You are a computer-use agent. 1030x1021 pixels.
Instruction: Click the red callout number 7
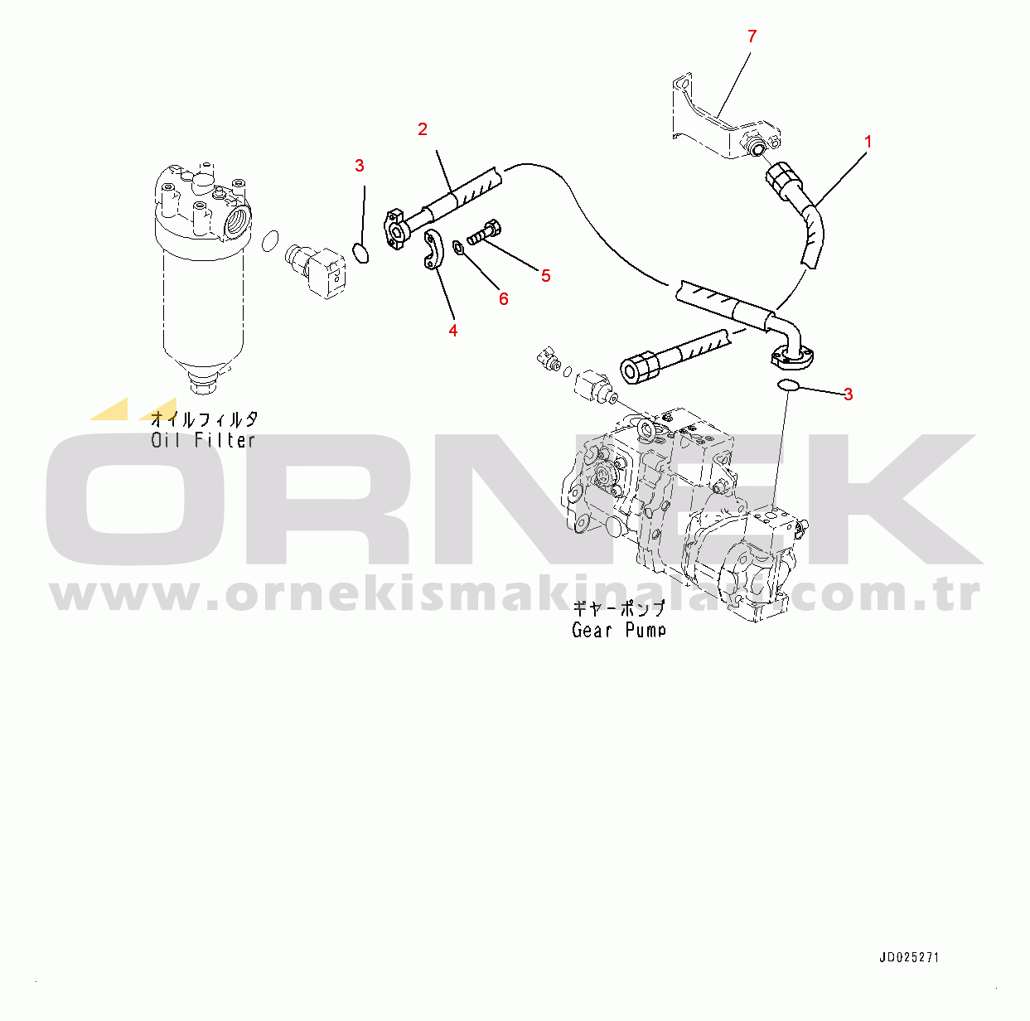(x=752, y=36)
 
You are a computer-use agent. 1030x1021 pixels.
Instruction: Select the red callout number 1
(x=868, y=142)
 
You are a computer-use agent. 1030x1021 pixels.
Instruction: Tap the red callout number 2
(x=423, y=129)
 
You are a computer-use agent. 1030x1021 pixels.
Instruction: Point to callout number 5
(x=545, y=276)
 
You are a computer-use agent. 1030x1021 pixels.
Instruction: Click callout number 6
(x=504, y=299)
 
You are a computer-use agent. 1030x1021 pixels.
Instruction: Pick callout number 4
(x=452, y=331)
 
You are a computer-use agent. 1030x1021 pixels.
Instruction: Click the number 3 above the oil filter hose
(x=359, y=166)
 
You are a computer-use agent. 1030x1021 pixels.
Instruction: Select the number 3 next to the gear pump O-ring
(x=848, y=394)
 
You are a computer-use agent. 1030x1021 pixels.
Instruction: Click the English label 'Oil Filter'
(x=203, y=440)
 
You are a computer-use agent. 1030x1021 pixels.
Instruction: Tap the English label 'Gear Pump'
(x=619, y=630)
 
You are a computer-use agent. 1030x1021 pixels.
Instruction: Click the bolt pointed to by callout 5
(x=484, y=233)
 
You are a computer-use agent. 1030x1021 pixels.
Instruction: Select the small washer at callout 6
(x=458, y=247)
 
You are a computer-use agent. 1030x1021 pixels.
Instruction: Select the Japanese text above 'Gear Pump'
(x=619, y=608)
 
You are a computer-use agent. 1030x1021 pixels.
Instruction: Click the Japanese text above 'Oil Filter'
(x=204, y=419)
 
